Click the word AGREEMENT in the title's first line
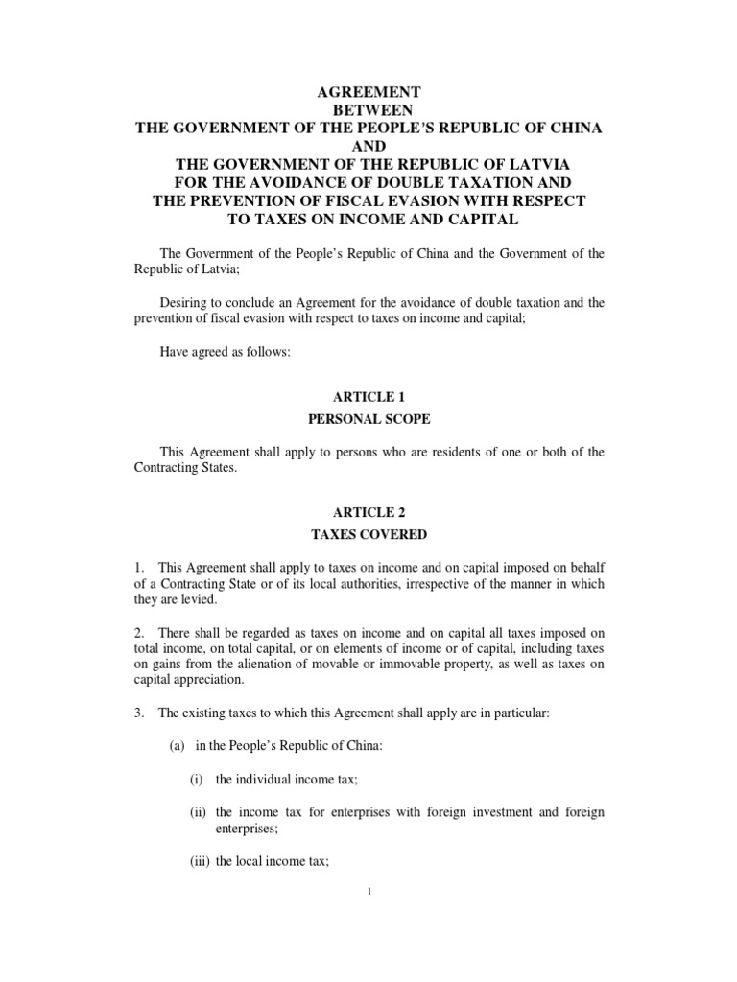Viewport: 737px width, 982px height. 369,92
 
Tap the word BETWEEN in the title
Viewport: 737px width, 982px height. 369,110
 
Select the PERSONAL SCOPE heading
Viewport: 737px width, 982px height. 369,419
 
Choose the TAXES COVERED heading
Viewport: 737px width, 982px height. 369,534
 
